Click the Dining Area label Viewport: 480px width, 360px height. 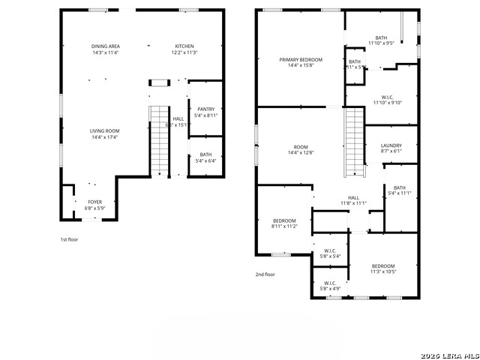click(106, 46)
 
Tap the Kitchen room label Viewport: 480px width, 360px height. click(184, 46)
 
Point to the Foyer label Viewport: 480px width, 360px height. click(95, 202)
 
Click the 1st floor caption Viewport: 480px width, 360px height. click(70, 239)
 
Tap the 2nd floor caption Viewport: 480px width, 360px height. click(265, 274)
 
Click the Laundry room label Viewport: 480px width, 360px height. click(391, 145)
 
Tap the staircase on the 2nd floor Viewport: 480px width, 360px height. click(354, 142)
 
